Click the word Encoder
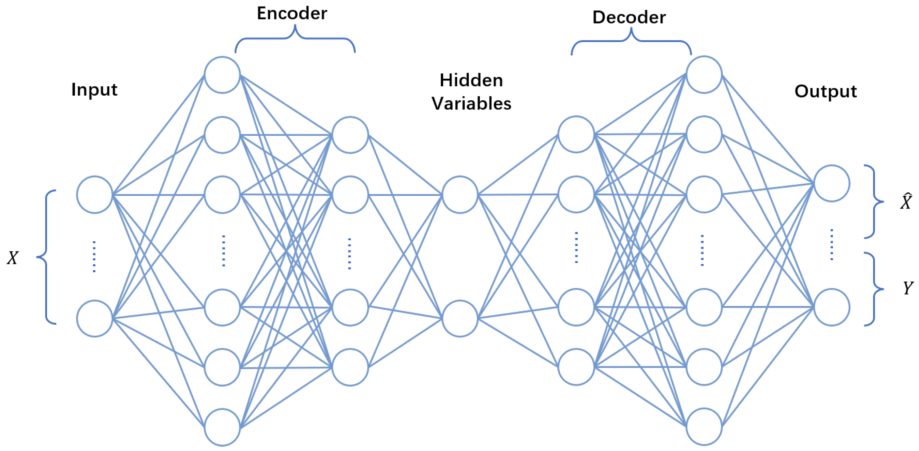pos(292,13)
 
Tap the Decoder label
pos(629,17)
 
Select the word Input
pos(94,89)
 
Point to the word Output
pos(826,91)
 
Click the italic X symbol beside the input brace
pos(13,258)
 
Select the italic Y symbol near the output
pos(908,288)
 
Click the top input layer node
pos(95,195)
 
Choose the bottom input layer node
pos(95,318)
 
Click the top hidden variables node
pos(460,195)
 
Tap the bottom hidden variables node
pos(460,318)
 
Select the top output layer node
pos(832,183)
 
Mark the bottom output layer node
pos(832,307)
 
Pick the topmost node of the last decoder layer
pos(704,75)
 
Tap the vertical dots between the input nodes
pos(94,257)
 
